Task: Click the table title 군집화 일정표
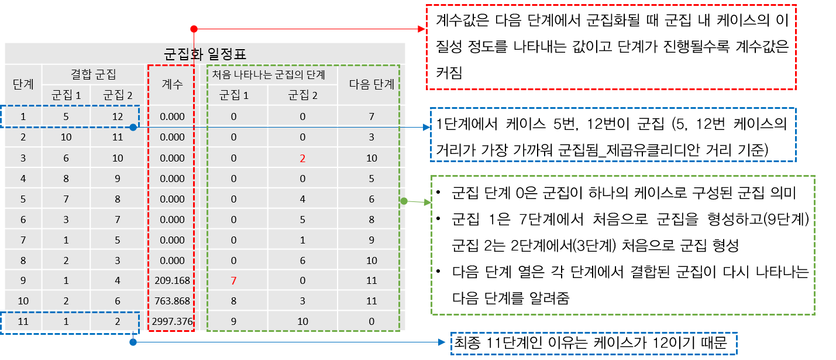205,54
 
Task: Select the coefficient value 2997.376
172,322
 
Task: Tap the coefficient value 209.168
172,281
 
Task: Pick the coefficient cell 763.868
172,301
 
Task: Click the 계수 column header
172,84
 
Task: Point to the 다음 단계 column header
371,84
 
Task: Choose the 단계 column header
23,84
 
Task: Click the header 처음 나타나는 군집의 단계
269,74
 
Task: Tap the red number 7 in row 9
233,281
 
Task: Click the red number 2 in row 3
302,158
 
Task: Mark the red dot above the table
194,29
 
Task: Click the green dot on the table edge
404,201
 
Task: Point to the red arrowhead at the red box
421,29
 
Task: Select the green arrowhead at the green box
427,203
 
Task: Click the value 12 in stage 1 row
118,116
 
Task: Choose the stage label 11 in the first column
23,322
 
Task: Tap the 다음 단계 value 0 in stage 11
371,322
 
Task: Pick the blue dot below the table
133,342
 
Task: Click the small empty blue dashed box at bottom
593,344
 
